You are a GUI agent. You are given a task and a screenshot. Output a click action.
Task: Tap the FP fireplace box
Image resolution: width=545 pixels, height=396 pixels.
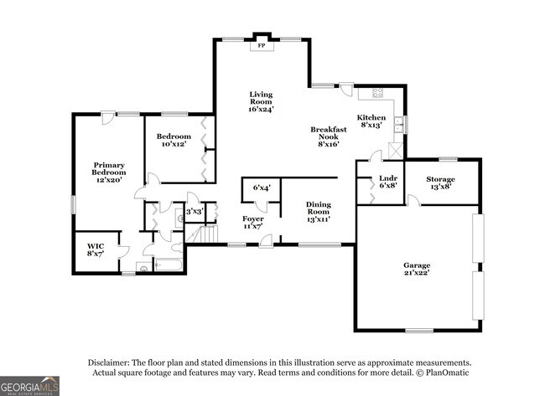(x=261, y=45)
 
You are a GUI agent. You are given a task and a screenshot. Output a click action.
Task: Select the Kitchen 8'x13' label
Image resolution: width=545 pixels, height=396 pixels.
(x=371, y=121)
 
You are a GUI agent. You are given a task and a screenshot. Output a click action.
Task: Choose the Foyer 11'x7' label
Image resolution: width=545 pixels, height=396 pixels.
(x=253, y=222)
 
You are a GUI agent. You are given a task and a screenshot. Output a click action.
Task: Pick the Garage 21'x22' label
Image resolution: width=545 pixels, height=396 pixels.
(x=416, y=270)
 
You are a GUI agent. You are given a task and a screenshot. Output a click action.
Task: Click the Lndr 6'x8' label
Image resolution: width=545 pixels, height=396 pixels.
(x=387, y=182)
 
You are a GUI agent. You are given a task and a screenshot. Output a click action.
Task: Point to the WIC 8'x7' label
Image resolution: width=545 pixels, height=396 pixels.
(x=96, y=249)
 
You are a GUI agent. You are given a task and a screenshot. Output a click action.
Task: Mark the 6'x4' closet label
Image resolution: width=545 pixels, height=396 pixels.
(x=261, y=188)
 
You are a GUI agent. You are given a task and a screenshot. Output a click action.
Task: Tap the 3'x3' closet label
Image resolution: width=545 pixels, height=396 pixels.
(x=194, y=212)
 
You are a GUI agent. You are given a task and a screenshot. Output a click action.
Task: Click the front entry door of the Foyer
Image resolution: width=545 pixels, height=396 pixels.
(x=266, y=242)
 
